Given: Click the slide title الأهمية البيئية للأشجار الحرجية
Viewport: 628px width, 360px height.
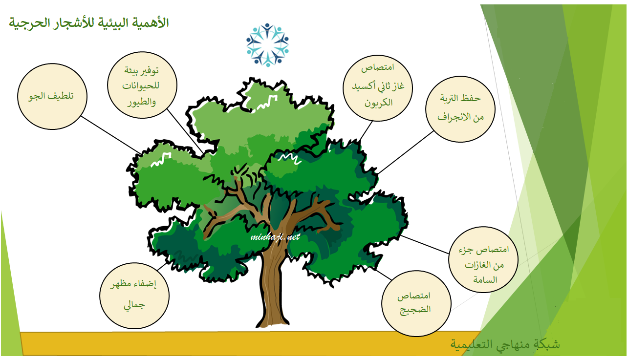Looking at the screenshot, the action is [x=89, y=22].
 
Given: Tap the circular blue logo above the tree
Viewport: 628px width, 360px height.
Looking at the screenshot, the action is [x=267, y=45].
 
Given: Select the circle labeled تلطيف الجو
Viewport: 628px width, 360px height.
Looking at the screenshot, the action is [x=52, y=96].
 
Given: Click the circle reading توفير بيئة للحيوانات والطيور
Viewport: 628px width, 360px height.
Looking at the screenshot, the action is [x=142, y=85].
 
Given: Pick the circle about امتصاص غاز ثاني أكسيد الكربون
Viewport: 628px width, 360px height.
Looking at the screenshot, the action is [x=378, y=88].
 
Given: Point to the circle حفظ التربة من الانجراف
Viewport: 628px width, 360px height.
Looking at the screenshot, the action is [x=460, y=109].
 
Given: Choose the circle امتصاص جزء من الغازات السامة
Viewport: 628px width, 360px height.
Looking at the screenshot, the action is [x=483, y=260].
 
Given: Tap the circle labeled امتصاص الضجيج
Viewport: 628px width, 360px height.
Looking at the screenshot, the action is [x=416, y=303].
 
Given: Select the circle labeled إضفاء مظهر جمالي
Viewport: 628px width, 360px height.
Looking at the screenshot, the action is [x=134, y=296].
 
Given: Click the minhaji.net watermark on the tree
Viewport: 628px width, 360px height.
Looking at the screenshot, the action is [x=275, y=237].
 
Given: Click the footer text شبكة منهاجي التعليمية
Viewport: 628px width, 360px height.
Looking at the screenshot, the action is [x=505, y=344].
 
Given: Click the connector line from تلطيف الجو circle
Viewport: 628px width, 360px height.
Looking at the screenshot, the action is [x=111, y=135].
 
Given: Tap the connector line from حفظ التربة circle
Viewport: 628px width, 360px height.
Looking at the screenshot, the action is [x=406, y=152].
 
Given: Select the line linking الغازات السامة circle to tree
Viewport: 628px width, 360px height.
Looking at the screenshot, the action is [x=425, y=244].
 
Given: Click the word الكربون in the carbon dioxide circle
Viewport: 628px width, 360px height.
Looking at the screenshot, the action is [x=378, y=103].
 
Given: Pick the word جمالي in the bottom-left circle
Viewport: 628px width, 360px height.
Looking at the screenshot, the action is [x=134, y=305].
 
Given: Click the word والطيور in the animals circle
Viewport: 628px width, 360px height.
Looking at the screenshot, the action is [x=142, y=102].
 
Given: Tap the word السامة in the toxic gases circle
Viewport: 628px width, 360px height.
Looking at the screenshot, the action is [x=485, y=279].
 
